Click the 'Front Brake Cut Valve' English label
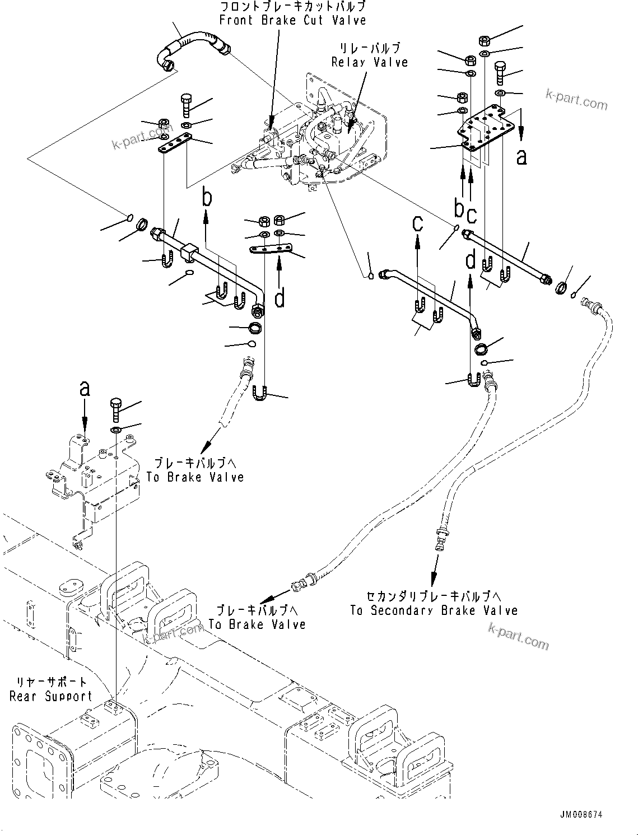point(292,21)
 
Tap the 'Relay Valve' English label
point(370,62)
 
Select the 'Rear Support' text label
point(50,696)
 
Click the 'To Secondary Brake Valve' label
point(434,610)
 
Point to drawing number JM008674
point(580,815)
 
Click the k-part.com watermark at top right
point(576,100)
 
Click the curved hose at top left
point(190,48)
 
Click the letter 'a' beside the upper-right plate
point(521,157)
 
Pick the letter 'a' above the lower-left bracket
point(85,388)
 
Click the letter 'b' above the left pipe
point(207,197)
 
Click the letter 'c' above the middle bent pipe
point(418,222)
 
